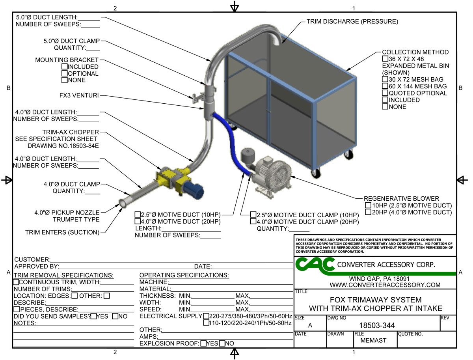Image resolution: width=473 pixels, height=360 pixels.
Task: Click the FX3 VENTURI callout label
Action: pos(77,96)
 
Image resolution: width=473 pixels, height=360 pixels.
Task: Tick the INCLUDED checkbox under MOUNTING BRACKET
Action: pos(65,67)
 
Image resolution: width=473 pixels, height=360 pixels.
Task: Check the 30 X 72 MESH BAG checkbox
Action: pos(385,80)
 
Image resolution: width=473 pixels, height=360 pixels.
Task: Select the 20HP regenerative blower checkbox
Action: pos(368,212)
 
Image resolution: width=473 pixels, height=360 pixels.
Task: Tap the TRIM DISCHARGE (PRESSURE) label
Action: pos(352,21)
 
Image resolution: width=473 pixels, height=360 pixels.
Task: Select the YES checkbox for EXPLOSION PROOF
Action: pos(203,343)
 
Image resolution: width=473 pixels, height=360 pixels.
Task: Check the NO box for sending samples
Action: pos(115,316)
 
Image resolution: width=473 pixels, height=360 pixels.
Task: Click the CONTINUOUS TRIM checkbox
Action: pos(16,282)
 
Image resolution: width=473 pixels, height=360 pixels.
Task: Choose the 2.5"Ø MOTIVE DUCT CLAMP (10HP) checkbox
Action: pos(253,215)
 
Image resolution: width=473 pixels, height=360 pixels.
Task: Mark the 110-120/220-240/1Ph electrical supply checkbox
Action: pos(206,323)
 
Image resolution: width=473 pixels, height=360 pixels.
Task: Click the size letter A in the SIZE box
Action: pos(310,325)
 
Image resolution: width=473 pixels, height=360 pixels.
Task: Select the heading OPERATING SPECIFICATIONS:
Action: pos(184,275)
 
